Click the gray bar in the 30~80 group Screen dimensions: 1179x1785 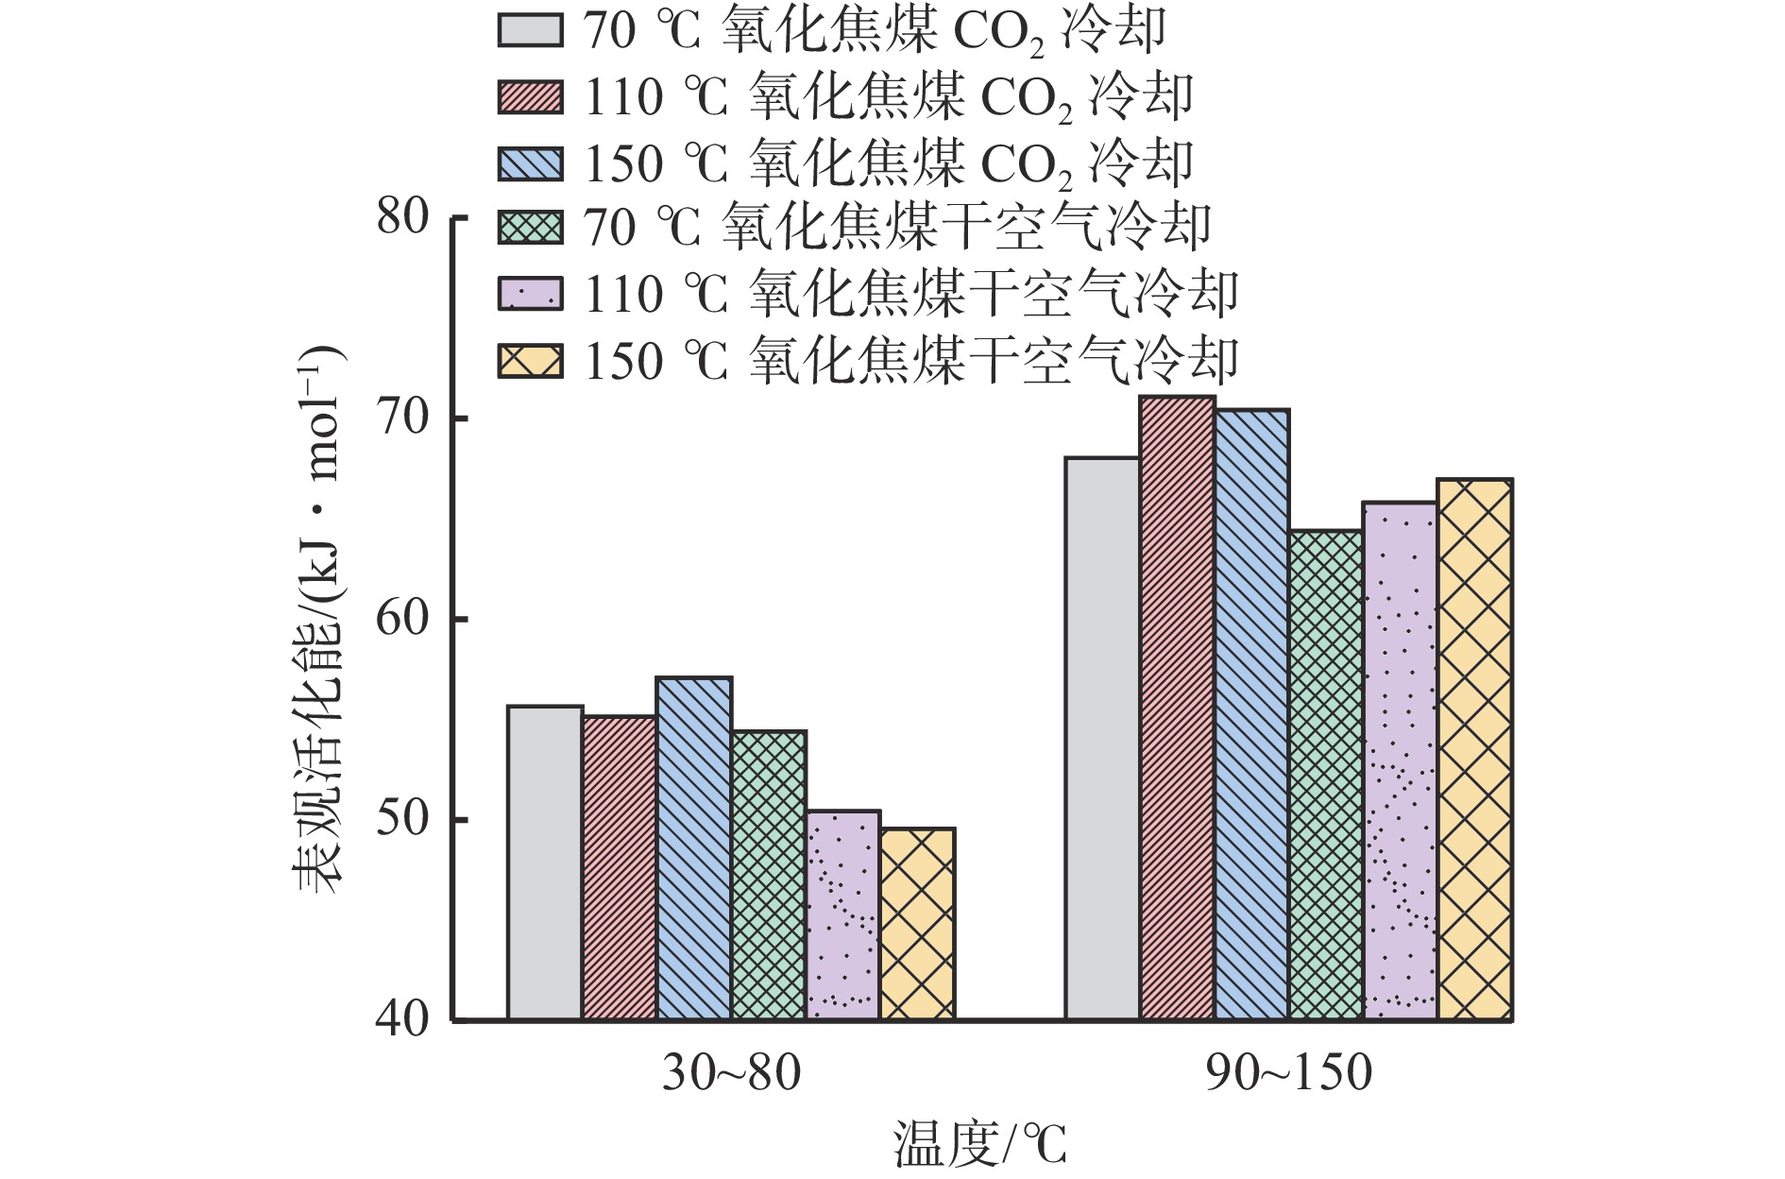pyautogui.click(x=545, y=863)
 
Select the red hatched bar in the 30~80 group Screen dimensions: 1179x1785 pyautogui.click(x=620, y=867)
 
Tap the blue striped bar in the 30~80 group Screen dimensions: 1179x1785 pyautogui.click(x=694, y=848)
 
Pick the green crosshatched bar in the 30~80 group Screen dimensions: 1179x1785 pyautogui.click(x=769, y=875)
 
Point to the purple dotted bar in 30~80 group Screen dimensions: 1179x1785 pyautogui.click(x=843, y=914)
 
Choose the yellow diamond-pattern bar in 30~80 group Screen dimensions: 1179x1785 pyautogui.click(x=917, y=924)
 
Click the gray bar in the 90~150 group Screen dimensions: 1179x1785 pyautogui.click(x=1102, y=739)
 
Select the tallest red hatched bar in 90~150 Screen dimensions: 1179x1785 pyautogui.click(x=1177, y=708)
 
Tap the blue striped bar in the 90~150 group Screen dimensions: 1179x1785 pyautogui.click(x=1251, y=714)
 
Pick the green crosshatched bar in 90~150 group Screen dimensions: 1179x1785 pyautogui.click(x=1326, y=775)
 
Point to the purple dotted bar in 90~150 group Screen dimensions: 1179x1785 pyautogui.click(x=1401, y=760)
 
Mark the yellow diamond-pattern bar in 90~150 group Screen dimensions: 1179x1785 pyautogui.click(x=1474, y=749)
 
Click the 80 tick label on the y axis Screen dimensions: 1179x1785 pyautogui.click(x=403, y=217)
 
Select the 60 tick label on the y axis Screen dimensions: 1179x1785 pyautogui.click(x=403, y=619)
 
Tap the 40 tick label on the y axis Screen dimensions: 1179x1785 pyautogui.click(x=403, y=1020)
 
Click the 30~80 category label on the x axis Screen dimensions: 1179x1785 pyautogui.click(x=731, y=1073)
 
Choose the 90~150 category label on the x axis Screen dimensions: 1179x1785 pyautogui.click(x=1288, y=1073)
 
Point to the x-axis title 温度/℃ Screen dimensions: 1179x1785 pyautogui.click(x=979, y=1144)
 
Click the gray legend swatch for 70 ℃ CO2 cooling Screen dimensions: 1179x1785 pyautogui.click(x=531, y=30)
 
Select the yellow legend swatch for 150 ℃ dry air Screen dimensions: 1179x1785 pyautogui.click(x=531, y=362)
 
